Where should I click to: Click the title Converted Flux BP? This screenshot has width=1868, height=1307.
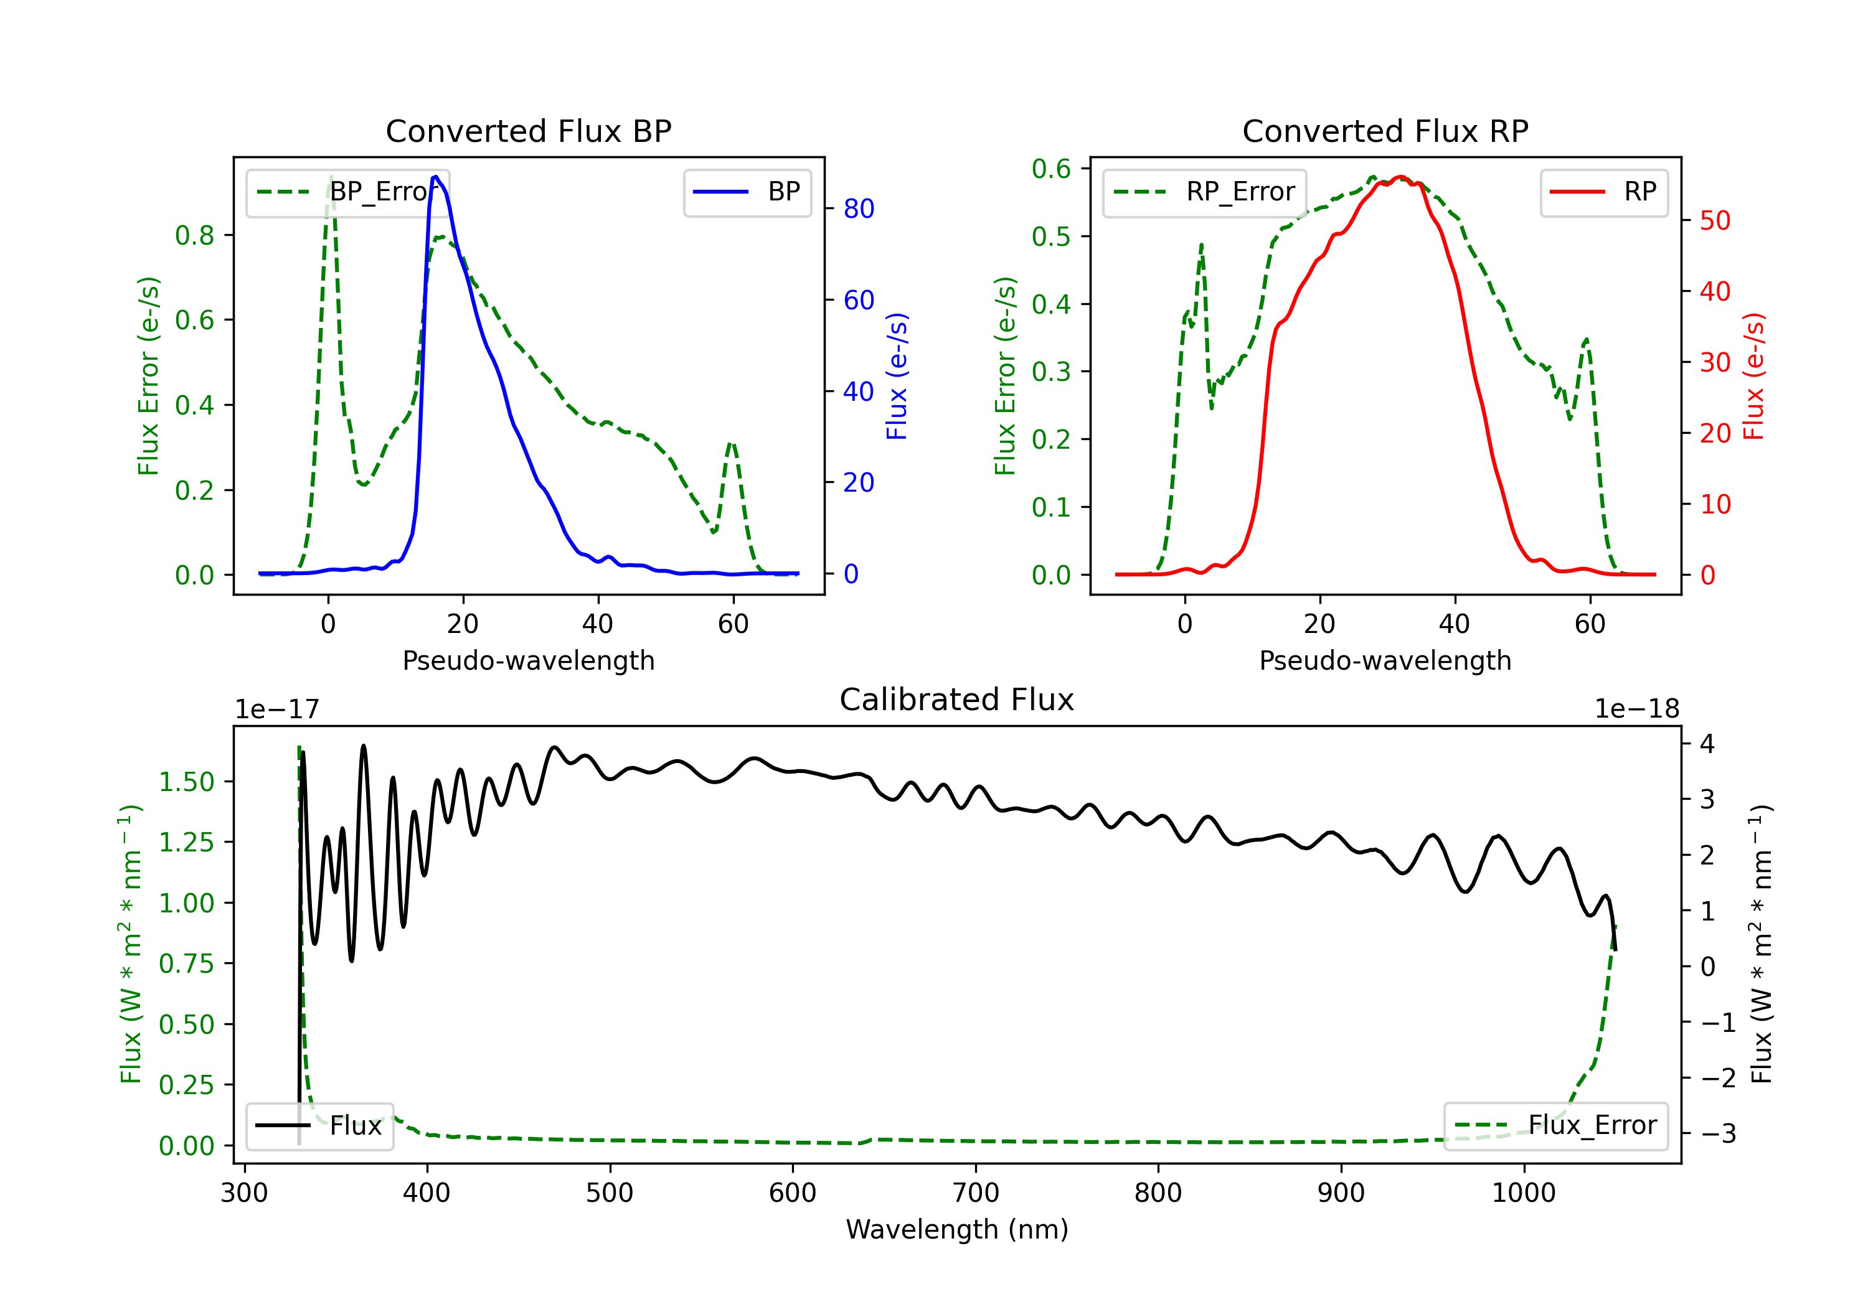point(529,131)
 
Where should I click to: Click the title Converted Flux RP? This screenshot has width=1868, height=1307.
point(1385,131)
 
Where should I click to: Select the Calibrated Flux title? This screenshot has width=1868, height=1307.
point(957,700)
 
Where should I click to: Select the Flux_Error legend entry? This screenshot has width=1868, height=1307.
point(1555,1126)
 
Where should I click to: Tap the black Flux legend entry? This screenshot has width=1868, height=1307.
point(319,1126)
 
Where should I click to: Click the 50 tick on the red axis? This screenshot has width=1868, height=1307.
point(1715,220)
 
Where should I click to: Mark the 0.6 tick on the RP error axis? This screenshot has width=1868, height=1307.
point(1051,169)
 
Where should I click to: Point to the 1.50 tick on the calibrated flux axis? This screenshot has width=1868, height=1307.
point(186,782)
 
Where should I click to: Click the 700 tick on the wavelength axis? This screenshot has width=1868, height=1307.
point(976,1193)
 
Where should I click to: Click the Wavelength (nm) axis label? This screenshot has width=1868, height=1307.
point(957,1229)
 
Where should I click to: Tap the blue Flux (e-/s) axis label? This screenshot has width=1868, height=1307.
point(897,376)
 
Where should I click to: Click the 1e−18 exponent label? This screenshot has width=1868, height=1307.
point(1637,710)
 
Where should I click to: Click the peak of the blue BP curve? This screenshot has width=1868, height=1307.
point(436,177)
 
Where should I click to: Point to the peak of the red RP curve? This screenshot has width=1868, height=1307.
point(1399,177)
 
